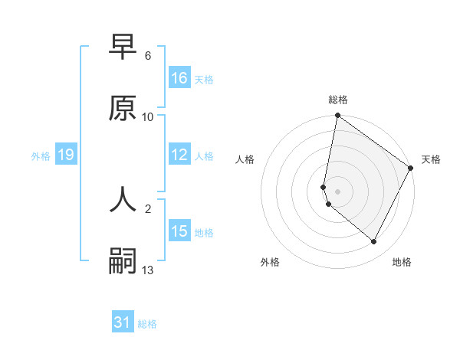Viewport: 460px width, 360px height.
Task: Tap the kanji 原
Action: pos(123,108)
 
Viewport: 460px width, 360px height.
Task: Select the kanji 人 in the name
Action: pos(123,198)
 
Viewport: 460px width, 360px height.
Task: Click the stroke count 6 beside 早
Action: pos(148,56)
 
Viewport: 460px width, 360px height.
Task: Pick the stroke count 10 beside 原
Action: pos(148,117)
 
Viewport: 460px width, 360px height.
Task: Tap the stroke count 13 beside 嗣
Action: pos(148,270)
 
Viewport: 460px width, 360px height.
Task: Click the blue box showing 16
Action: pos(179,78)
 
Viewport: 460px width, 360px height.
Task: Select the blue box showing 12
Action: pos(179,155)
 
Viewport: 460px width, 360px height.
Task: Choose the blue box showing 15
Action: pos(179,231)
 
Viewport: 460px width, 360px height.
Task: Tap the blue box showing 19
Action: pos(66,155)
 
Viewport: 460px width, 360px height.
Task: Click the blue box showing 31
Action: pos(123,322)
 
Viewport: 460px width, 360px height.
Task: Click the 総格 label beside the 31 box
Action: pos(147,324)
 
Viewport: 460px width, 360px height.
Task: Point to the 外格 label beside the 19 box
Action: pos(41,156)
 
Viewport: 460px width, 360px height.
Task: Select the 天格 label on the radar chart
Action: pos(431,159)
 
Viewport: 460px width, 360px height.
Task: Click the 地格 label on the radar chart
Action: pos(402,262)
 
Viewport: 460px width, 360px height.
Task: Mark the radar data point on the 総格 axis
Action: pos(337,116)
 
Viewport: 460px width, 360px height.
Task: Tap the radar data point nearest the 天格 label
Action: pos(411,169)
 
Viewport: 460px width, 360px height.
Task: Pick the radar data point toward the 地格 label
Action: pos(374,242)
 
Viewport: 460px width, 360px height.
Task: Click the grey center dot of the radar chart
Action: pos(337,191)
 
